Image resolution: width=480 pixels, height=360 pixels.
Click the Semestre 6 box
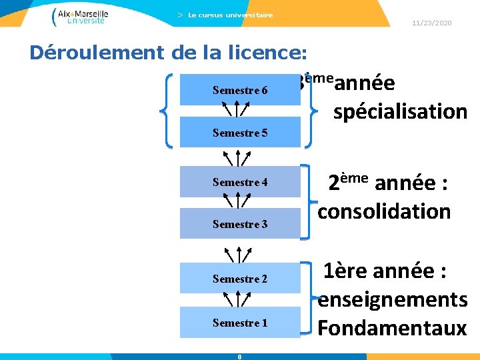click(x=240, y=89)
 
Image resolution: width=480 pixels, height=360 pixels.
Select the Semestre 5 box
click(x=240, y=133)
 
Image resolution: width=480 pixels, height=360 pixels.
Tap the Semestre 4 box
click(x=240, y=182)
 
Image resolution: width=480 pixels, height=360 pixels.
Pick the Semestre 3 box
click(x=240, y=224)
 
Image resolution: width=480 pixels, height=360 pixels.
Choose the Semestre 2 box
click(x=240, y=278)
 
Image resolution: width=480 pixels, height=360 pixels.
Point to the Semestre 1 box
click(x=240, y=323)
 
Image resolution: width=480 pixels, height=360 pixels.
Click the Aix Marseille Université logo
click(x=79, y=16)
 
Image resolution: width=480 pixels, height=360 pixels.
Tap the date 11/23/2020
click(x=432, y=23)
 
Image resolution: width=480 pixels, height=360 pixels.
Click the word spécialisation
click(x=400, y=111)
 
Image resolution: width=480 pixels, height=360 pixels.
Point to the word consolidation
click(x=384, y=211)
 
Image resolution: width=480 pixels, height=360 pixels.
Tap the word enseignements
click(x=393, y=300)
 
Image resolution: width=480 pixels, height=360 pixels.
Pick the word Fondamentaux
click(x=392, y=328)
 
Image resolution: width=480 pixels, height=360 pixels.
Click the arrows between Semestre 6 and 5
click(x=237, y=107)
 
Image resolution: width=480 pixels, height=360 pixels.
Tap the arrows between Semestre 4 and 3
click(x=237, y=199)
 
